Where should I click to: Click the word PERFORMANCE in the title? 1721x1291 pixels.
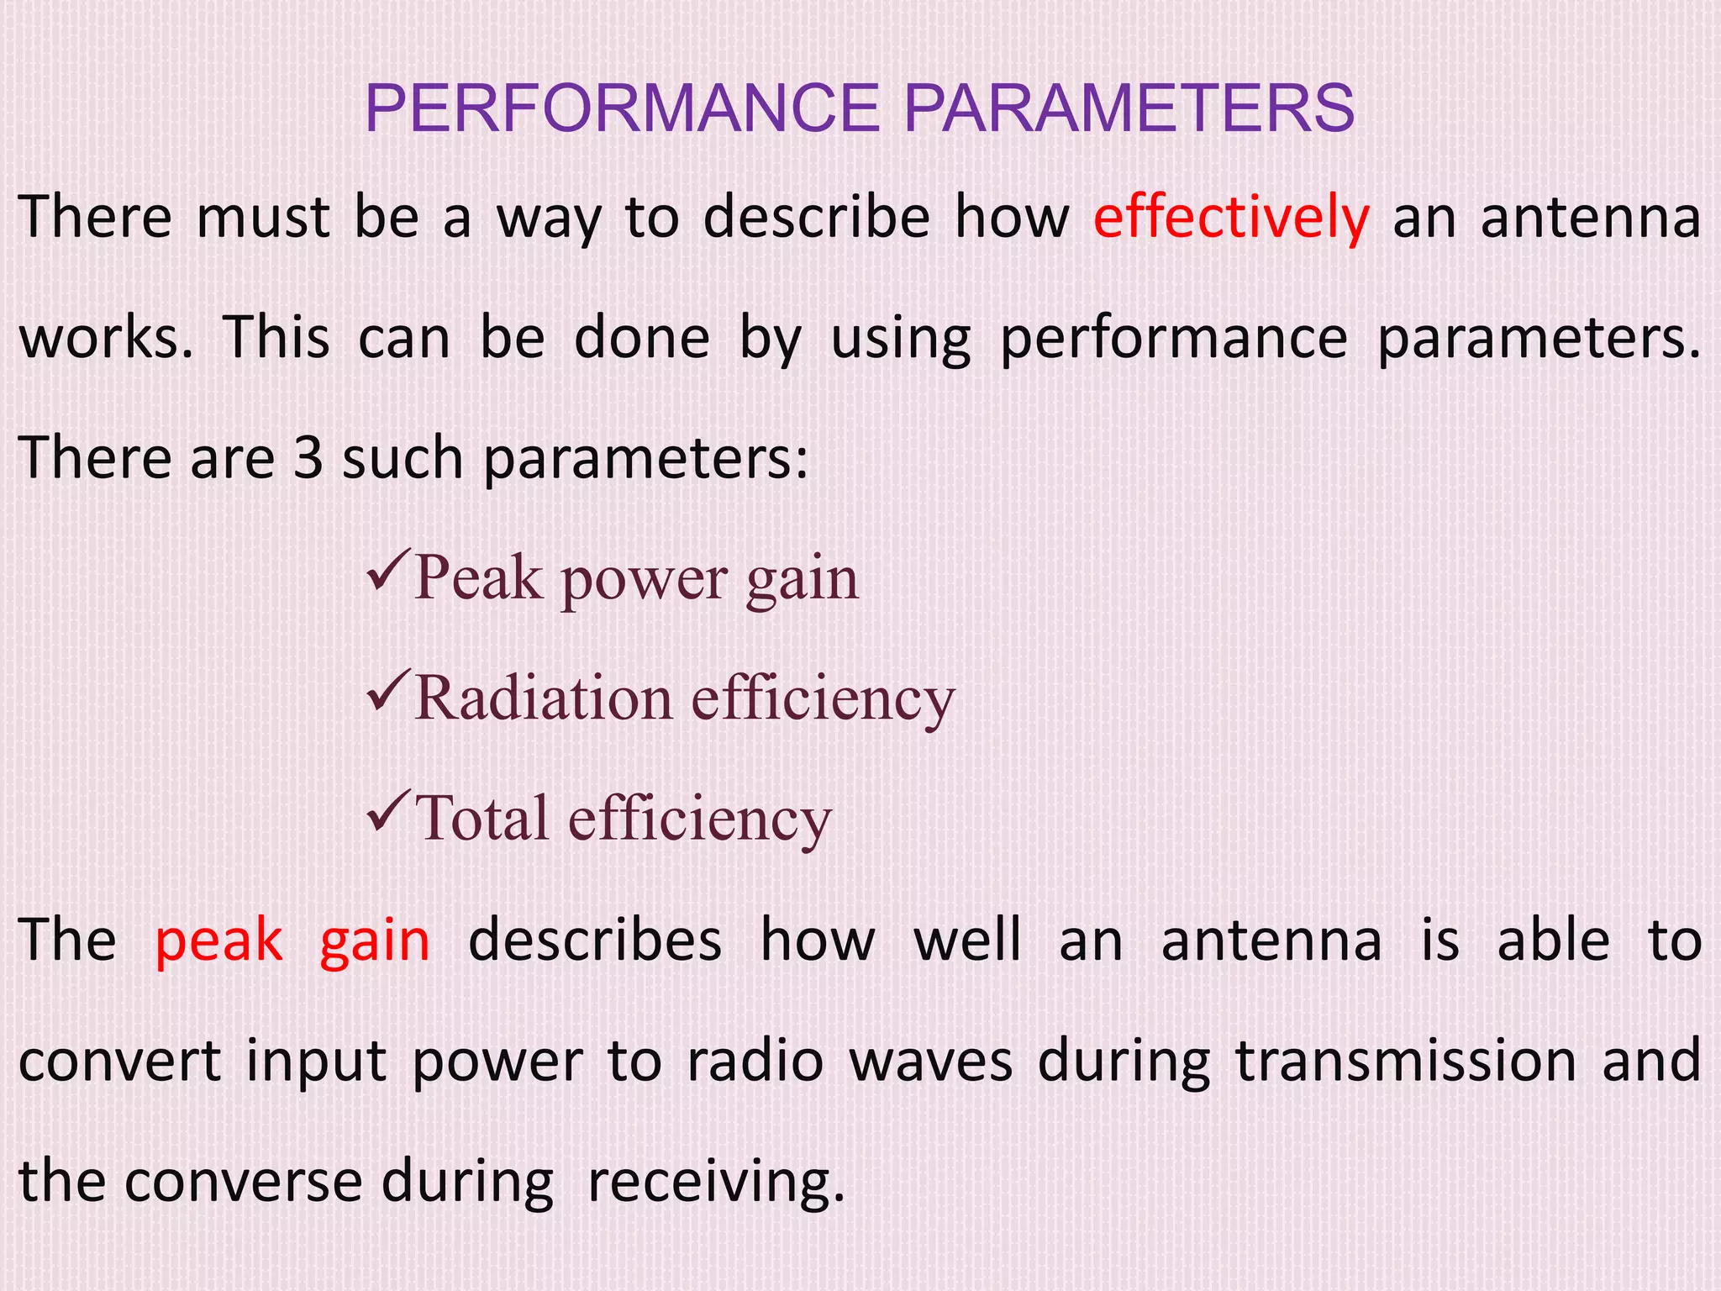click(622, 109)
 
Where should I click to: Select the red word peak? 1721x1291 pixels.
click(218, 941)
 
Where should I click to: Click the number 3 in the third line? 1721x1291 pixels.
click(308, 459)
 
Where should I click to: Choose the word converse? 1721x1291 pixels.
click(243, 1182)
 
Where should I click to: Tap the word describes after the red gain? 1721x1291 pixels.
click(595, 941)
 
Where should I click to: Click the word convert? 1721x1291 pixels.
click(119, 1062)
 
